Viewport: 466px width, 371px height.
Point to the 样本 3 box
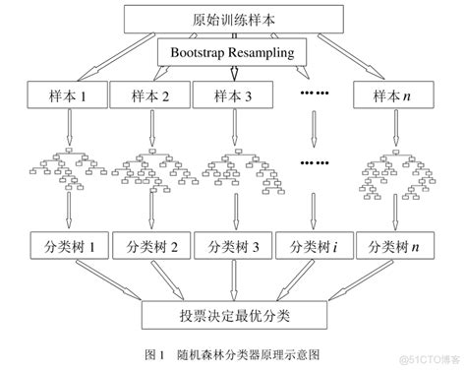click(x=230, y=96)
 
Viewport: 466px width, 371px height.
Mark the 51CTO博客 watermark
click(x=429, y=358)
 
